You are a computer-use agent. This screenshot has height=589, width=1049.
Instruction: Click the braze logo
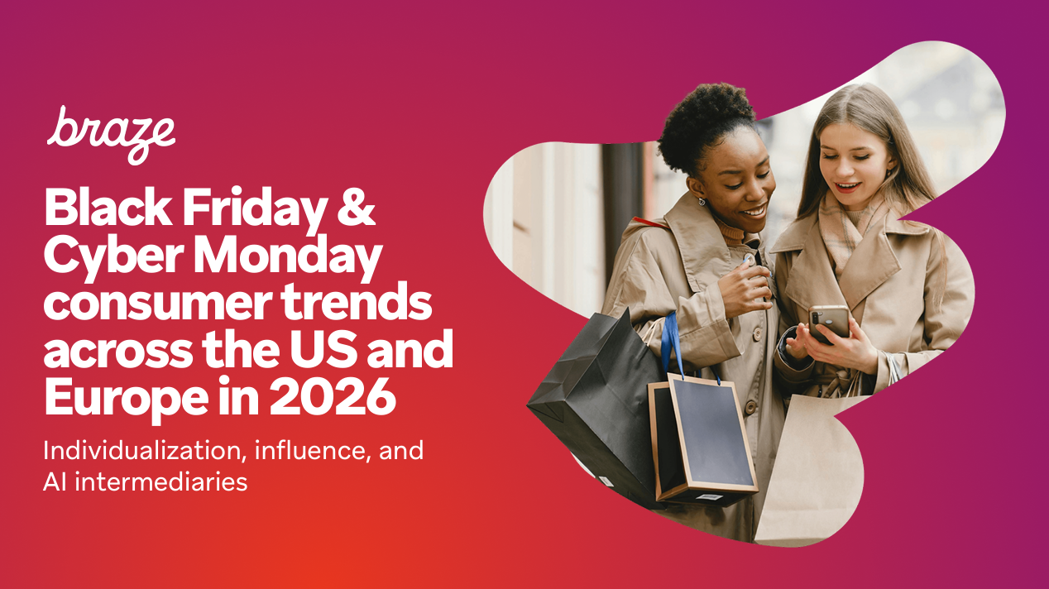coord(111,135)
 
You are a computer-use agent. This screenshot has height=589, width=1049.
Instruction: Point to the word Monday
coord(288,258)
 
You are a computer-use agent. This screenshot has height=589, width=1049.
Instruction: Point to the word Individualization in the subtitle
coord(145,450)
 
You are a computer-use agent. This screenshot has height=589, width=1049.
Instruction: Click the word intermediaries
coord(161,481)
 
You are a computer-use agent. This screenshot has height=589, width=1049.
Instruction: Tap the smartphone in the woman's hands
coord(830,323)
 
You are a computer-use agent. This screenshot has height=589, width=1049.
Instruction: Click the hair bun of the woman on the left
coord(705,122)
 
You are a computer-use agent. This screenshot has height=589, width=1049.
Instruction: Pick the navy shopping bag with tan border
coord(702,440)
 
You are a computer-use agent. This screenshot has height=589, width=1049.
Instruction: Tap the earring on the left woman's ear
coord(702,201)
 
